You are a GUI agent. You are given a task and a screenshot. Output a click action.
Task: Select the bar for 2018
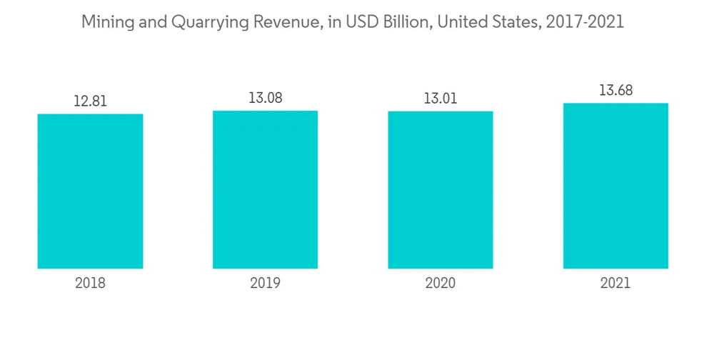pos(90,191)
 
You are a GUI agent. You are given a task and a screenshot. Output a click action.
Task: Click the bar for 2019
pos(265,190)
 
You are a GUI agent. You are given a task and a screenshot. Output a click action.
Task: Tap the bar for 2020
pos(440,190)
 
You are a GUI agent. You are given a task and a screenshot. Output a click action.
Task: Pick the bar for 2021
pos(615,186)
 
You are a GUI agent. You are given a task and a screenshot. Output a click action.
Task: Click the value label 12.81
pos(90,101)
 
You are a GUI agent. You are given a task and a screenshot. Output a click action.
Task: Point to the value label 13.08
pos(265,98)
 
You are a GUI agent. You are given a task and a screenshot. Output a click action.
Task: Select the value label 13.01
pos(440,99)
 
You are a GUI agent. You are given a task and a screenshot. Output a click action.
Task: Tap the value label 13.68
pos(615,91)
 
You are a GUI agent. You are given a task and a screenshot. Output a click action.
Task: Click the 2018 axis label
pos(90,283)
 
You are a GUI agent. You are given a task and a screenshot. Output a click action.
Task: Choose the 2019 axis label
pos(265,283)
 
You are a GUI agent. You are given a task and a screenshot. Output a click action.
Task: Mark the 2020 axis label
pos(440,283)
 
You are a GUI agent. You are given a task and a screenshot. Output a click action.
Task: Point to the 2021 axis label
pos(615,283)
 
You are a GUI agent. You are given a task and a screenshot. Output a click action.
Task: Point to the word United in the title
pos(462,22)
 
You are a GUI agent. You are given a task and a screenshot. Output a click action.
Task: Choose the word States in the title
pos(514,22)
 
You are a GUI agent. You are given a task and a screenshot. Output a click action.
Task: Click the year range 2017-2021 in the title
pos(583,22)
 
